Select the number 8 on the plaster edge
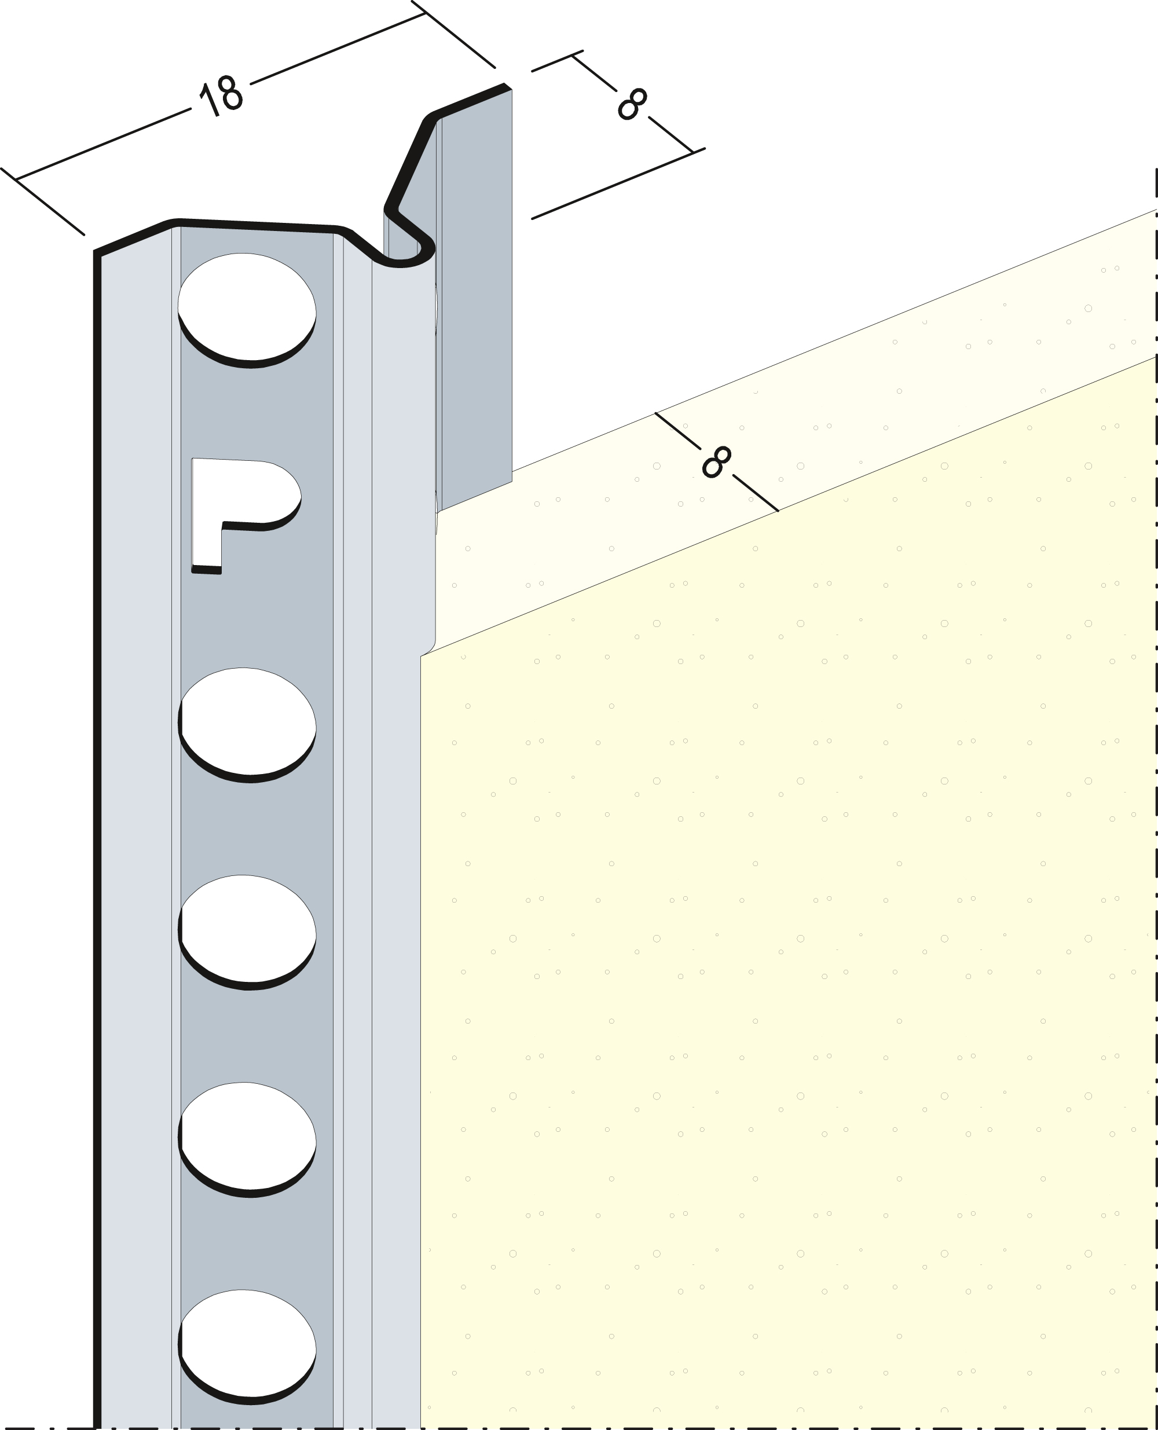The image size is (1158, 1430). pos(717,461)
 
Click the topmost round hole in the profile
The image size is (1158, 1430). pos(247,310)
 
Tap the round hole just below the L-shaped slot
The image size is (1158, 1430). pos(247,725)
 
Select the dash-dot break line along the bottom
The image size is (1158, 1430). pos(579,1426)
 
